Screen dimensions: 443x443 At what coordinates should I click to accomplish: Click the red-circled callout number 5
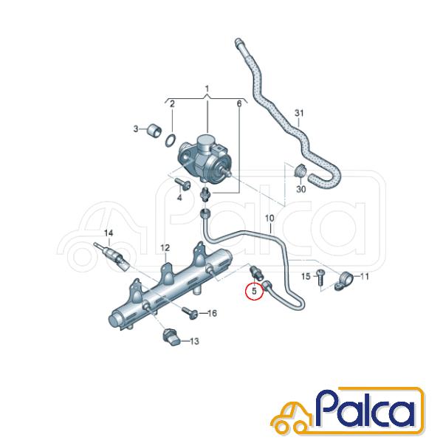pyautogui.click(x=254, y=291)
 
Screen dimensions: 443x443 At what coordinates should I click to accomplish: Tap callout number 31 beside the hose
pyautogui.click(x=299, y=113)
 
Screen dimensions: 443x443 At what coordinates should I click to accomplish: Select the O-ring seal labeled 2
pyautogui.click(x=170, y=140)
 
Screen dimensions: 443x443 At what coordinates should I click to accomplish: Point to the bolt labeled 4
pyautogui.click(x=182, y=183)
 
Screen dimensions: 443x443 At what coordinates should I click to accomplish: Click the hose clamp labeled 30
pyautogui.click(x=301, y=171)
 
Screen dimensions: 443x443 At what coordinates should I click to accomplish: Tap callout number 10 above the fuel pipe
pyautogui.click(x=269, y=218)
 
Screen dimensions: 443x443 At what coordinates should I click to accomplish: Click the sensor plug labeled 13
pyautogui.click(x=171, y=338)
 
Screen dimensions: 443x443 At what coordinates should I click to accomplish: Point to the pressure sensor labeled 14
pyautogui.click(x=111, y=257)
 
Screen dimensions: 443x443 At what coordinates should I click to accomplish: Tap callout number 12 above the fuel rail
pyautogui.click(x=165, y=248)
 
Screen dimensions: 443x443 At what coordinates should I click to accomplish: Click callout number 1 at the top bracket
pyautogui.click(x=207, y=89)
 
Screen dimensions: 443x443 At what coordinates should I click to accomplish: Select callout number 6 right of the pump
pyautogui.click(x=239, y=104)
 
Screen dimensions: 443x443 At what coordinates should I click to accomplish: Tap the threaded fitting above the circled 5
pyautogui.click(x=256, y=272)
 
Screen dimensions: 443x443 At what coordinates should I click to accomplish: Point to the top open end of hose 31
pyautogui.click(x=238, y=42)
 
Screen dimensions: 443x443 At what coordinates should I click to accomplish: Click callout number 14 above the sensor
pyautogui.click(x=109, y=233)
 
